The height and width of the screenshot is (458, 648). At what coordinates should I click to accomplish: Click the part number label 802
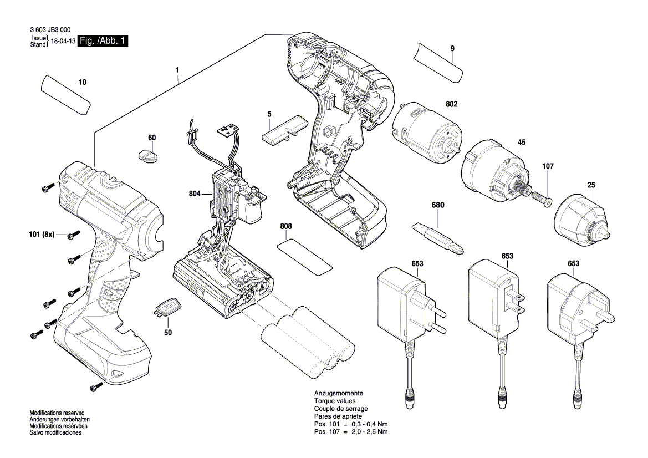(x=452, y=104)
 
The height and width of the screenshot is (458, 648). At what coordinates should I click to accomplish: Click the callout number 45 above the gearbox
(x=522, y=142)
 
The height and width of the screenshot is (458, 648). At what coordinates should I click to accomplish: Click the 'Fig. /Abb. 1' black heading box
(x=103, y=40)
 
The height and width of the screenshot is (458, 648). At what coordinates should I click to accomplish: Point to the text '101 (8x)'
(x=42, y=235)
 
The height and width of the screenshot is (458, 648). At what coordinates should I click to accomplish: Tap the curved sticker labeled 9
(x=437, y=63)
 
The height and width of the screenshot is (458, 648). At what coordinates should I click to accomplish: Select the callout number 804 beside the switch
(x=195, y=194)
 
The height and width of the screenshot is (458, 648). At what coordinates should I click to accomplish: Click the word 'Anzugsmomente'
(x=339, y=394)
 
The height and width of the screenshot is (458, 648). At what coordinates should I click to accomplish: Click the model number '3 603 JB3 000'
(x=50, y=30)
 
